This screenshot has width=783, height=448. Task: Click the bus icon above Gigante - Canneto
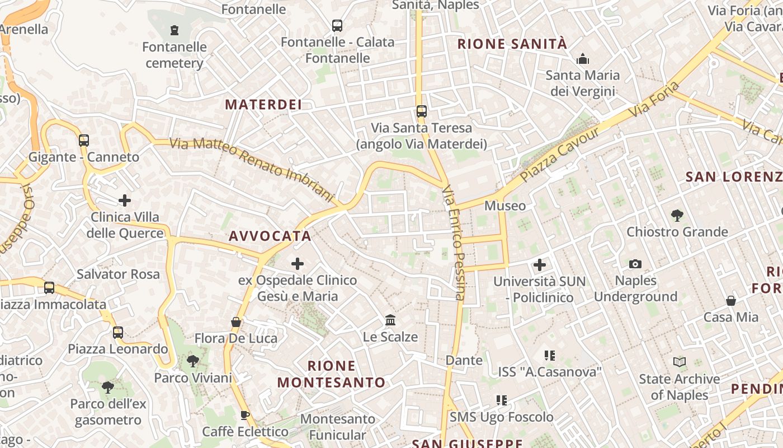pos(84,141)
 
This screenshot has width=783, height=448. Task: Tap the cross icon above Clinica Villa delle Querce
pos(125,200)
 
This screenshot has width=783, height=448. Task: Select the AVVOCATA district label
pos(270,236)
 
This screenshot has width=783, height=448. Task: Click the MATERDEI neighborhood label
pos(263,104)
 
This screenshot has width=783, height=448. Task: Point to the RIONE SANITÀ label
pos(512,44)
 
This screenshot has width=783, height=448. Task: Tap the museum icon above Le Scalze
pos(390,320)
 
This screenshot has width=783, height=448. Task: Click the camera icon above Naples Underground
pos(635,264)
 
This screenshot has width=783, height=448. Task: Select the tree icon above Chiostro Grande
pos(677,215)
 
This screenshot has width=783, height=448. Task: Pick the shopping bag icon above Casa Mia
pos(730,301)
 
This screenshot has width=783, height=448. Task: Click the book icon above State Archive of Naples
pos(680,362)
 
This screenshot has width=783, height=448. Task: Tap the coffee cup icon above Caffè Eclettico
pos(244,415)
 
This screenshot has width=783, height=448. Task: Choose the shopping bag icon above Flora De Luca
pos(236,322)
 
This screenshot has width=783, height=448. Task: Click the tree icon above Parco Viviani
pos(193,361)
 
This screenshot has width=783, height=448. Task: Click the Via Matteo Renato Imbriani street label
pos(252,170)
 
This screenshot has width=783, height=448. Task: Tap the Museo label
pos(505,206)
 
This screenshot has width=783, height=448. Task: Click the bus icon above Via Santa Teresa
pos(422,111)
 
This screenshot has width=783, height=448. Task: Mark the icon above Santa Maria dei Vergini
pos(583,59)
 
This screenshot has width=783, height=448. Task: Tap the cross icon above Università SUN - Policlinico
pos(540,264)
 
